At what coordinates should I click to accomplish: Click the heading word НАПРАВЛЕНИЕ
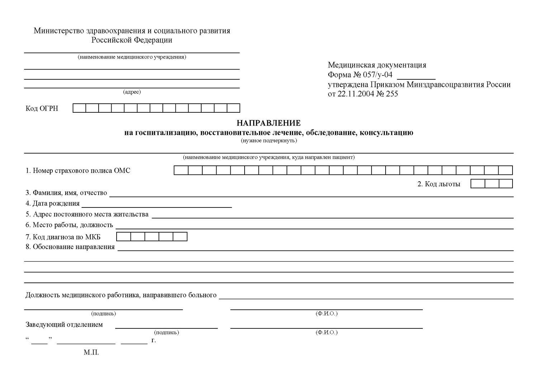(268, 123)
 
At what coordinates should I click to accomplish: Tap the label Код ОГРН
(42, 108)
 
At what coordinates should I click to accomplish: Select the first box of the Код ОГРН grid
(79, 108)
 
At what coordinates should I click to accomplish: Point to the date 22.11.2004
(355, 94)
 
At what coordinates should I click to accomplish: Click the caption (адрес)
(132, 92)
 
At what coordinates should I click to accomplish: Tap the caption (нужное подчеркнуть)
(269, 141)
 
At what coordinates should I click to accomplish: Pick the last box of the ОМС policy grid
(505, 170)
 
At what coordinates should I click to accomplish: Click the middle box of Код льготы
(492, 184)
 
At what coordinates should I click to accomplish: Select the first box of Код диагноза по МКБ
(124, 237)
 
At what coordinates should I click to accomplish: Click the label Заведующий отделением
(64, 325)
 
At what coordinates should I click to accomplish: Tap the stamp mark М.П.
(91, 352)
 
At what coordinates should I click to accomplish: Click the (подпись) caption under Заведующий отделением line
(166, 333)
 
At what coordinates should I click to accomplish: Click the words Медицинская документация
(377, 65)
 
